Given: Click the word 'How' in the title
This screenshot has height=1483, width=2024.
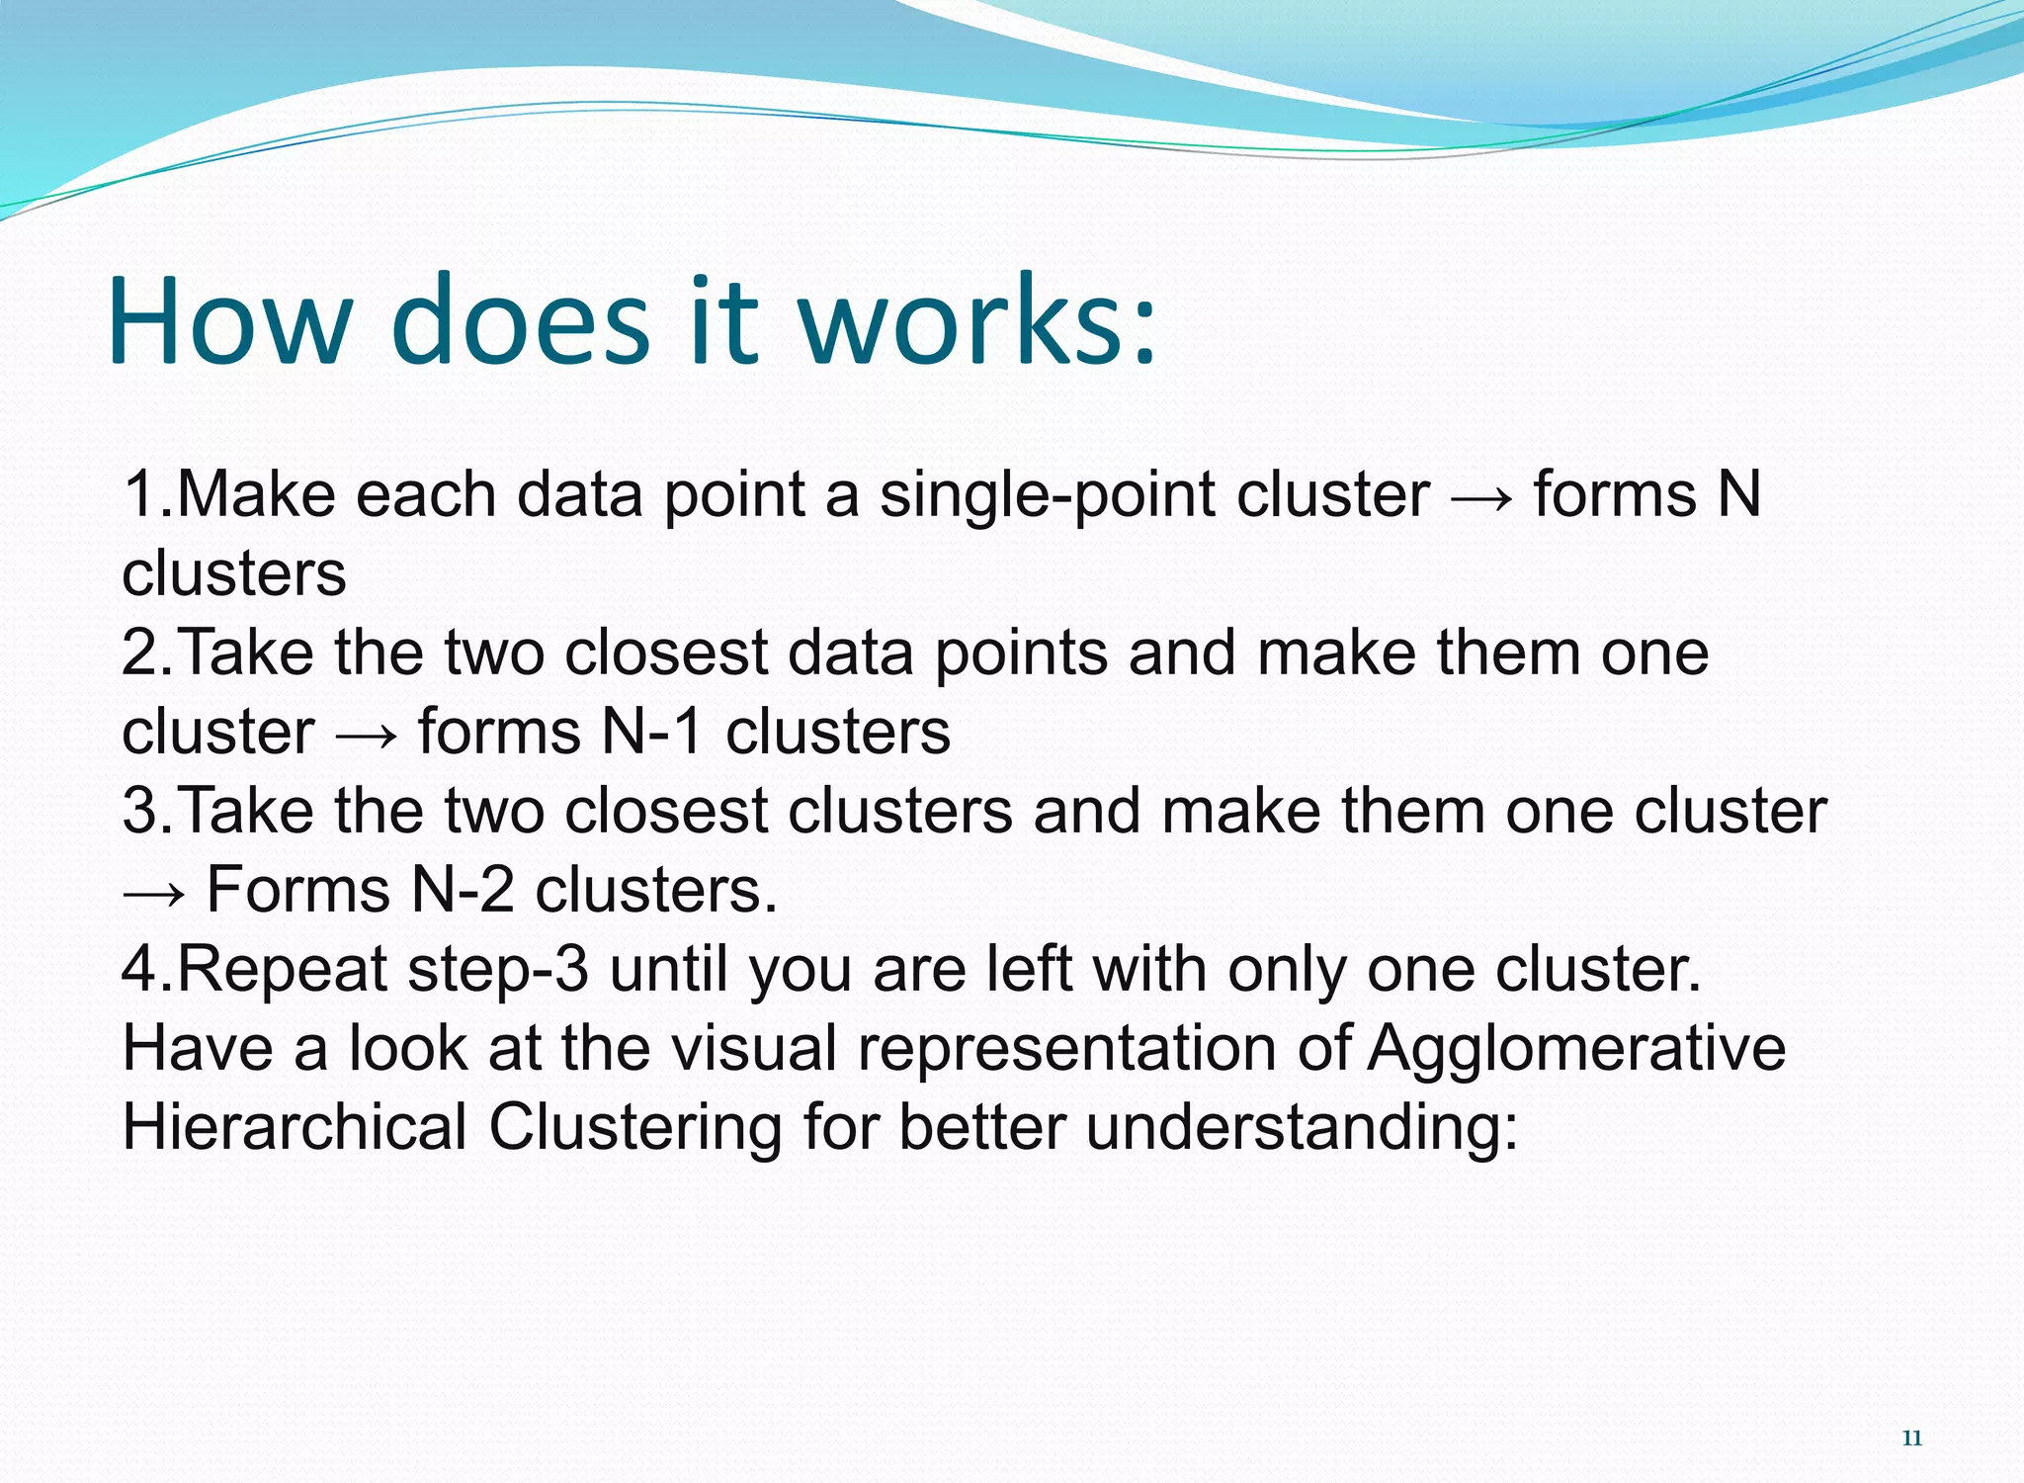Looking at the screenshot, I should click(x=229, y=322).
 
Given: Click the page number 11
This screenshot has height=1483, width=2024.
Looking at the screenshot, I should click(x=1911, y=1439).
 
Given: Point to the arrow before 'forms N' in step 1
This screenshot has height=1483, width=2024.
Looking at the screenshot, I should click(x=1480, y=496).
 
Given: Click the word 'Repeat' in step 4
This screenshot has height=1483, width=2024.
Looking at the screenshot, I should click(x=283, y=969).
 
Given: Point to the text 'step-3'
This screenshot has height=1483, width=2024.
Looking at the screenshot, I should click(x=498, y=971).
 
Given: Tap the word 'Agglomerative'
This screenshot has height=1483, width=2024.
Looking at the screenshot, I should click(x=1576, y=1050).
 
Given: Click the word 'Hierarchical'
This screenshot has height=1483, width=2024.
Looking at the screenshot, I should click(x=294, y=1127).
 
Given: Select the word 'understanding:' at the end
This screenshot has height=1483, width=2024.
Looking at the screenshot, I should click(x=1302, y=1129).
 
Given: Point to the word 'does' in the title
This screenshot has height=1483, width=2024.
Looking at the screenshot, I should click(x=521, y=322).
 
